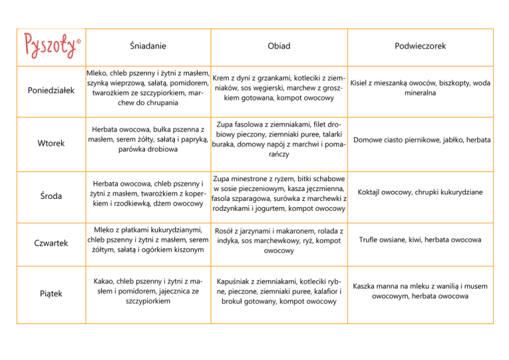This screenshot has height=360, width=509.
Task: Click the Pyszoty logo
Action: point(50,47)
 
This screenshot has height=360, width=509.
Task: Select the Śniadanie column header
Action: point(147,46)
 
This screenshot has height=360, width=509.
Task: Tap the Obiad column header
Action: point(278,46)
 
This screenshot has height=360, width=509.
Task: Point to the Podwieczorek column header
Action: point(421,46)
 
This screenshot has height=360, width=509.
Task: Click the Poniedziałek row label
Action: point(50,91)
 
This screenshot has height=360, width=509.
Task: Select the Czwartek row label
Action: point(50,243)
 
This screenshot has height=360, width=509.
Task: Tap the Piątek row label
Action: point(50,293)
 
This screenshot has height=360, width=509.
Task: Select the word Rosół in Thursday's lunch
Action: point(228,230)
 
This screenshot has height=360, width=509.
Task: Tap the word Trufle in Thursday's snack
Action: point(372,239)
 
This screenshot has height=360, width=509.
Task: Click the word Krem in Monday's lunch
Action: point(224,79)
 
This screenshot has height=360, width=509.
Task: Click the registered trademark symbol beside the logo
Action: point(78,41)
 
